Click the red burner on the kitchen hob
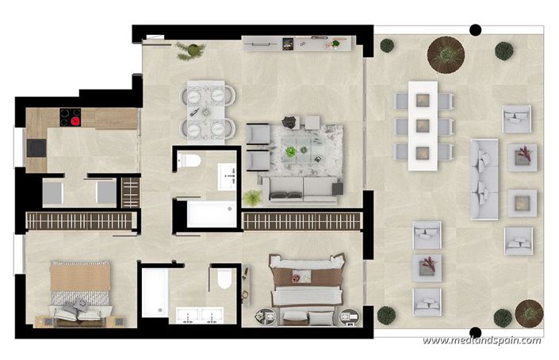coord(76,121)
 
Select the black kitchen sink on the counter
coord(36,147)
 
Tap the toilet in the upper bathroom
coord(189,160)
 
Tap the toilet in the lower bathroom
coord(224,278)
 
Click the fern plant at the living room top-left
coord(190,50)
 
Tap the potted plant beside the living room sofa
coord(253,197)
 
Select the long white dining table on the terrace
coord(423,125)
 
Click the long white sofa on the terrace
coord(484,179)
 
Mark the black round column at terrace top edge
coord(475,30)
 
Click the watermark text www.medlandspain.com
coord(481,341)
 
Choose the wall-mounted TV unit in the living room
coord(296,43)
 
